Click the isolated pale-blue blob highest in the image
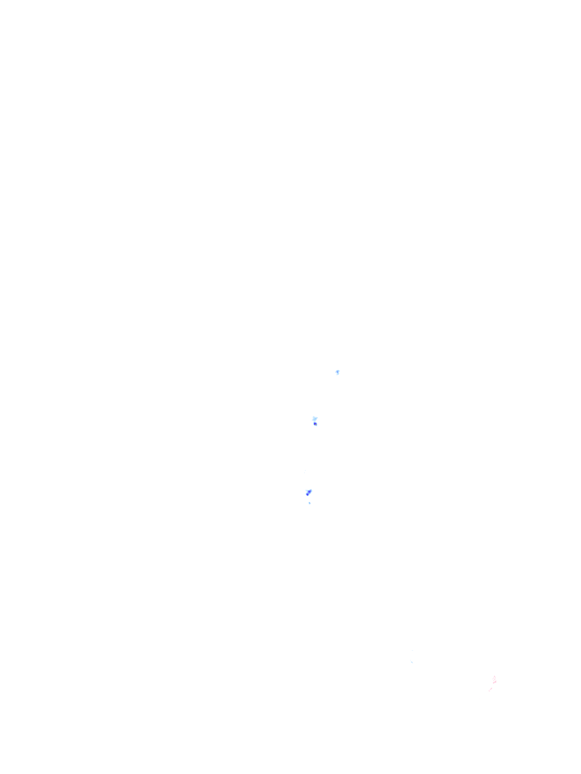point(337,372)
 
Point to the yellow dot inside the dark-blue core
point(315,423)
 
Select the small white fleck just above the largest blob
point(312,413)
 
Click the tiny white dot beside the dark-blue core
point(318,424)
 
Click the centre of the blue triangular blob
point(309,492)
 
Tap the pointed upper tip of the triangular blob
point(312,487)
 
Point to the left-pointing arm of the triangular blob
point(306,491)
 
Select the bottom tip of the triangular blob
point(308,497)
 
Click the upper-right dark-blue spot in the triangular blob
point(310,491)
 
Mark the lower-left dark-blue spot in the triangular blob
point(308,494)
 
